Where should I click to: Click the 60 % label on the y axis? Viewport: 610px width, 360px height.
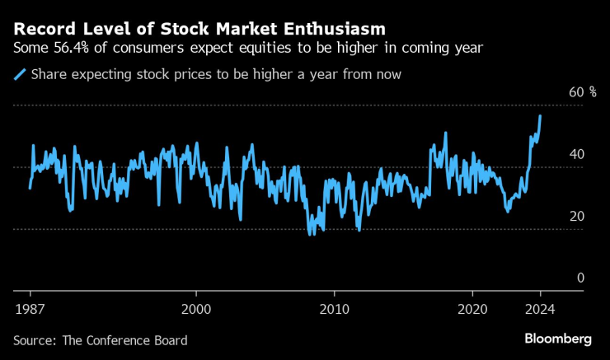point(582,91)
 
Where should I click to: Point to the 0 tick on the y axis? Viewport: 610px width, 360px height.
point(580,278)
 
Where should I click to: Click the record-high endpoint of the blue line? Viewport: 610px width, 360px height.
point(540,116)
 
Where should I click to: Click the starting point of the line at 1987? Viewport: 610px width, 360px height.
point(30,188)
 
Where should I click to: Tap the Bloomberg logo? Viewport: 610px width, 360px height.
point(558,339)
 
